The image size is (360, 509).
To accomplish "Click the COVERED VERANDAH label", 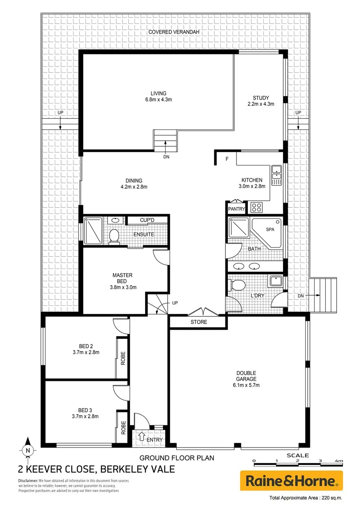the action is [174, 32].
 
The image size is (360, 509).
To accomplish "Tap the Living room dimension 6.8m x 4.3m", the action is [158, 100].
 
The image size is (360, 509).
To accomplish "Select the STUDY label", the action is [261, 98].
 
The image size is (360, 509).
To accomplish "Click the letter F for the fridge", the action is [227, 159].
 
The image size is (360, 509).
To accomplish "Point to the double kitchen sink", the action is [276, 175].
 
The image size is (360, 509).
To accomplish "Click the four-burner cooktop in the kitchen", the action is [256, 207].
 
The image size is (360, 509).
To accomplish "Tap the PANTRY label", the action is [236, 209].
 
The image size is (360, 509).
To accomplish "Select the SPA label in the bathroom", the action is [270, 229].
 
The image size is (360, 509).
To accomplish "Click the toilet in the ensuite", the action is [114, 236].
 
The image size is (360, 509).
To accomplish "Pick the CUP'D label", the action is [147, 220].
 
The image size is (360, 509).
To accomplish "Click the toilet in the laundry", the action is [238, 285].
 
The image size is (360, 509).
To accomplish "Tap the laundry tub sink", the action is [276, 281].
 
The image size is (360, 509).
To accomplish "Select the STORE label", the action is [199, 322].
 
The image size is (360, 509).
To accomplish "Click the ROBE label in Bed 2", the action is [123, 358].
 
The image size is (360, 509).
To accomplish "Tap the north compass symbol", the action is [28, 450].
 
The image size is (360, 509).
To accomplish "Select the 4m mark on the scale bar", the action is [339, 461].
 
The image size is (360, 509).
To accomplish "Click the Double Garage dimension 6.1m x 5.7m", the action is [246, 385].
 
